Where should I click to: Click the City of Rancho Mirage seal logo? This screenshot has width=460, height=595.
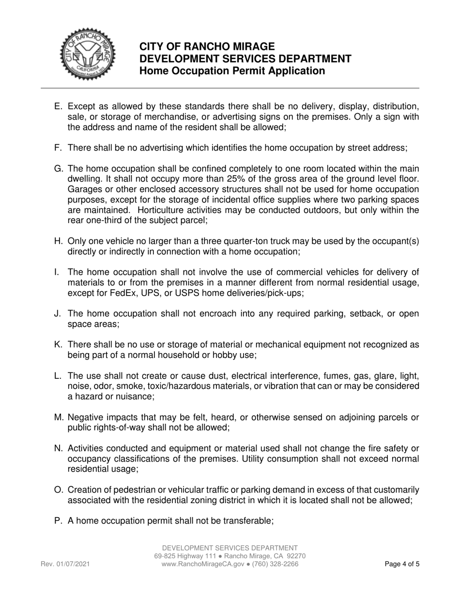(88, 55)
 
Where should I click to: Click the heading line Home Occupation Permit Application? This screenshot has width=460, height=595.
(232, 71)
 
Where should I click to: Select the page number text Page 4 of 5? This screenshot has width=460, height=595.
(402, 564)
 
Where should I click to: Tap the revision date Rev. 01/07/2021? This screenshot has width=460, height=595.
(65, 564)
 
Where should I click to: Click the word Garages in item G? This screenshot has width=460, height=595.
(85, 189)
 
